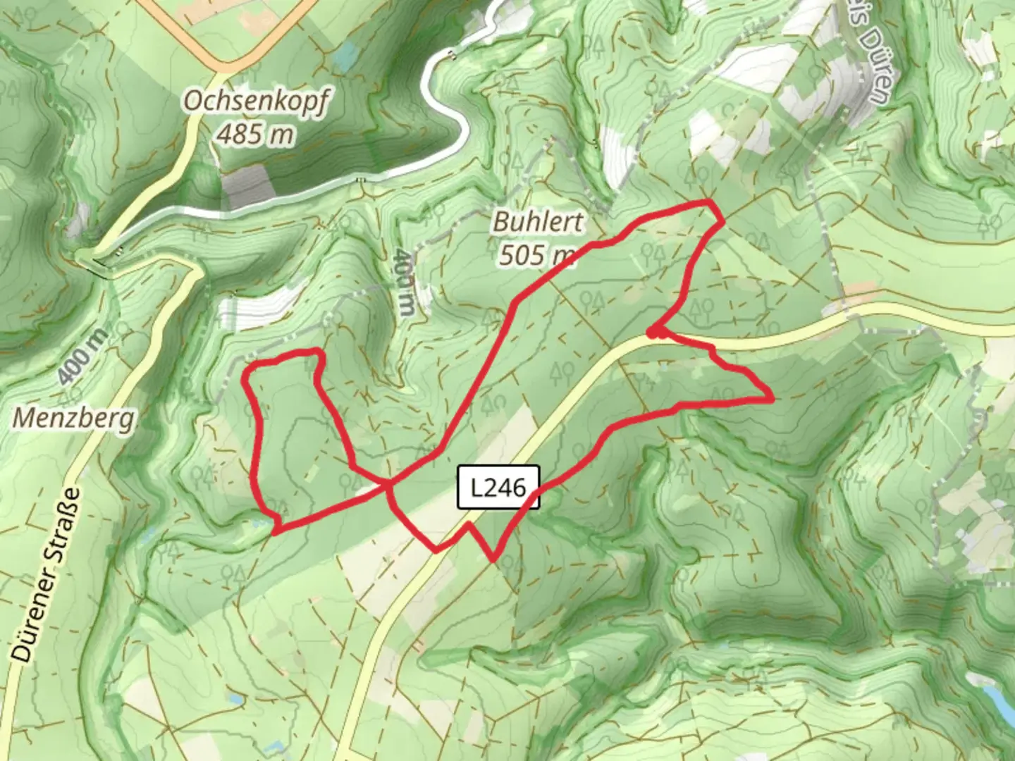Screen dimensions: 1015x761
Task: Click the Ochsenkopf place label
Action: coord(255,102)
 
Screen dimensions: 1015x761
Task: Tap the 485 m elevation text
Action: coord(254,133)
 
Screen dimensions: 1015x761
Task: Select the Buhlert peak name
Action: coord(538,222)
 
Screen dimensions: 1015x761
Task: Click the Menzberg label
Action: coord(73,419)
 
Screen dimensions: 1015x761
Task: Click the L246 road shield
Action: coord(498,487)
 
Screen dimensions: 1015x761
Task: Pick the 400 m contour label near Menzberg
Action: coord(82,357)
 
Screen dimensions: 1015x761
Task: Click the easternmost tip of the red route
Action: coord(773,399)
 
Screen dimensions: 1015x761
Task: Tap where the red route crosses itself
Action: coord(387,483)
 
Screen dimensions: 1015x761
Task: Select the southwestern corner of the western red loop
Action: coord(273,529)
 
